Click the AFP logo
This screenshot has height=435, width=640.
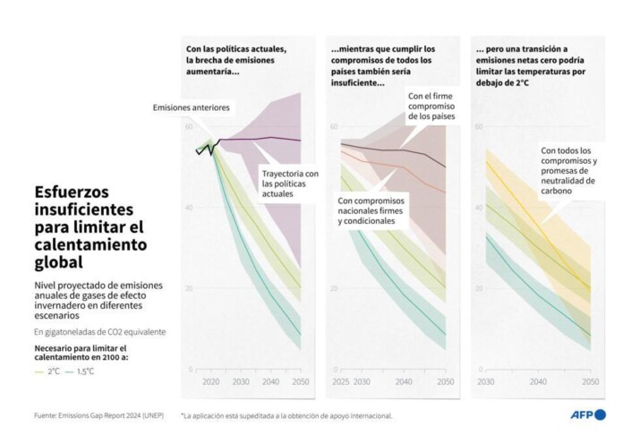(x=587, y=414)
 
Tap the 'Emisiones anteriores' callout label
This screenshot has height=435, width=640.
(x=192, y=108)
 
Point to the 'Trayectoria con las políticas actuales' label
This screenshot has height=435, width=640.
(x=290, y=183)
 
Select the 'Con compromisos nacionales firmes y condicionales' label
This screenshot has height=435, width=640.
(x=371, y=210)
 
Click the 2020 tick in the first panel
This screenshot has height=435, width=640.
(x=211, y=381)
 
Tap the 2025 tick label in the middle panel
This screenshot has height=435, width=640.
(x=339, y=381)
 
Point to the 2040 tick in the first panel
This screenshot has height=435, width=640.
(x=270, y=381)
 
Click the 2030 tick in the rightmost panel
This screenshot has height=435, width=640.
(x=484, y=381)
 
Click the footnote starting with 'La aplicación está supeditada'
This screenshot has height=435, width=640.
(x=286, y=415)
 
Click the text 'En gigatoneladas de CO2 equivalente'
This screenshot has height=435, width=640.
(x=99, y=331)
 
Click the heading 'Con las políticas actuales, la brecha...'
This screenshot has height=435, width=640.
(x=235, y=60)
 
